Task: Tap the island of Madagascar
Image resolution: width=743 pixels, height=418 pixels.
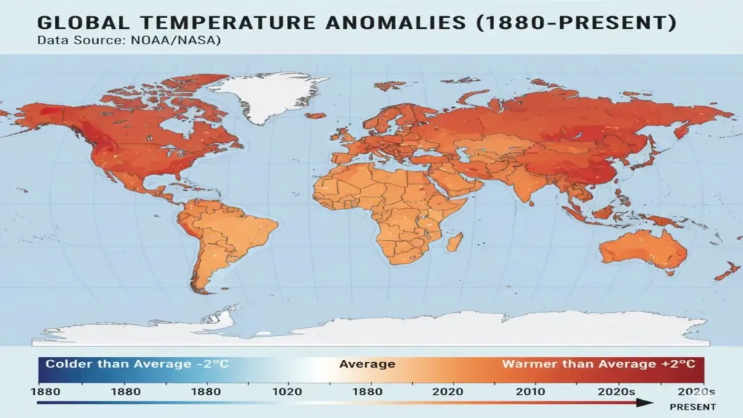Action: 456,242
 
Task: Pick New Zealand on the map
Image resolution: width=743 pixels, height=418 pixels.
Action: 726,272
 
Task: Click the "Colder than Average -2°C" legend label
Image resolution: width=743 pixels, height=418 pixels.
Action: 137,364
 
